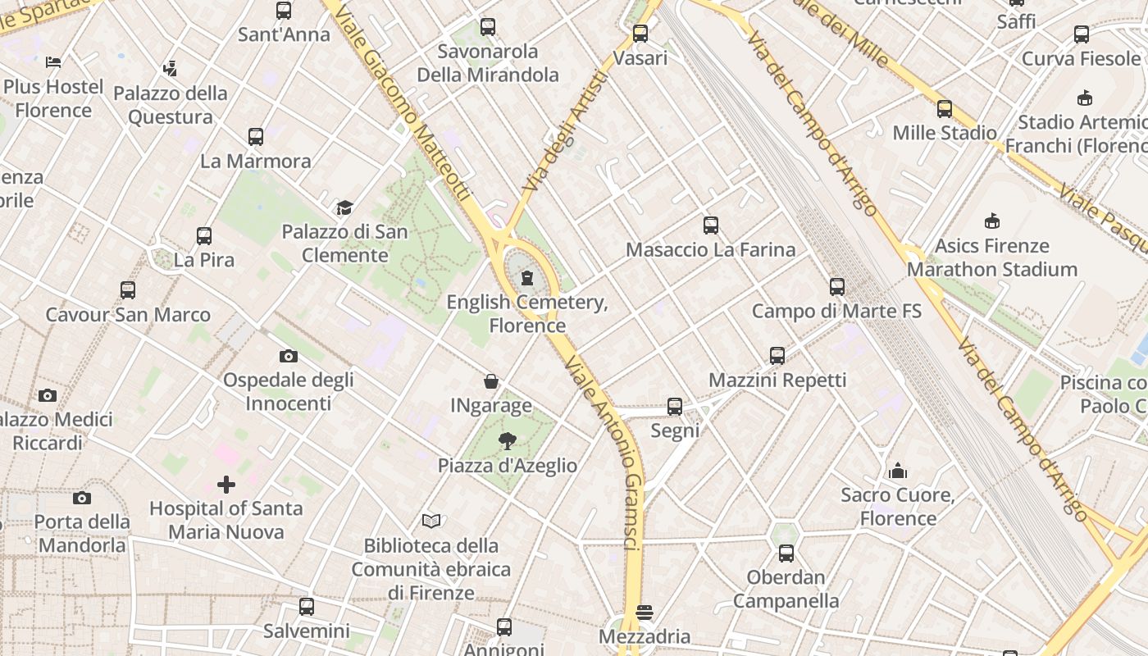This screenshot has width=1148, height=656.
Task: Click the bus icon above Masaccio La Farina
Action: [711, 225]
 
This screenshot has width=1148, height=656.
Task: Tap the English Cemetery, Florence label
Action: [527, 313]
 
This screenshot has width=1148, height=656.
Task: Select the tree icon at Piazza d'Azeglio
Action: [508, 441]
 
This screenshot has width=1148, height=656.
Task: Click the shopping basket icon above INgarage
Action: [491, 381]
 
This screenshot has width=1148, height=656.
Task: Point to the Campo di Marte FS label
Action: [836, 312]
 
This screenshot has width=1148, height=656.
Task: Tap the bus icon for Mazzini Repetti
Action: [777, 356]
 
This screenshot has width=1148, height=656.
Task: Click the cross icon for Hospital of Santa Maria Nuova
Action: [226, 485]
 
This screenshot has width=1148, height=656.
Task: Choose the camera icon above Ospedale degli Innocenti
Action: [288, 356]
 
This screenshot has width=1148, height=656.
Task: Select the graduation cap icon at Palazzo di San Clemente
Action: [344, 207]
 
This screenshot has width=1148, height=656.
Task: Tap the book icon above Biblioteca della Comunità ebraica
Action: [431, 521]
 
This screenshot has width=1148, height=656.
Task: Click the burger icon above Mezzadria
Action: [645, 612]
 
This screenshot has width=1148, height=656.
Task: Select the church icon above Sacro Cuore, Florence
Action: [898, 471]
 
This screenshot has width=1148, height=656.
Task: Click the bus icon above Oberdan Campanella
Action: [786, 553]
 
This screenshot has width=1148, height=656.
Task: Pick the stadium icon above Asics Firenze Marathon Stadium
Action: [992, 221]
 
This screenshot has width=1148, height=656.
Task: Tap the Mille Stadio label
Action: [945, 133]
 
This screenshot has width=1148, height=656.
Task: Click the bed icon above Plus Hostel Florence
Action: [53, 61]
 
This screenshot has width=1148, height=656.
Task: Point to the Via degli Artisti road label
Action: [565, 131]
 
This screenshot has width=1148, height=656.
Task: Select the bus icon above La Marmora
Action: [256, 136]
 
